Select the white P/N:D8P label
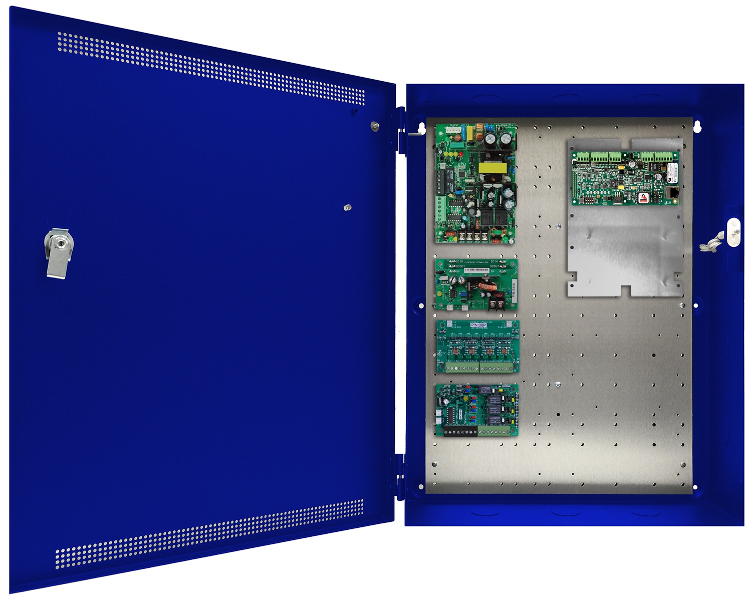coord(478,326)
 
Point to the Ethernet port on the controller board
coord(672,192)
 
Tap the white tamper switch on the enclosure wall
coord(733,232)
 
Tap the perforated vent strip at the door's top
coord(210,68)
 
